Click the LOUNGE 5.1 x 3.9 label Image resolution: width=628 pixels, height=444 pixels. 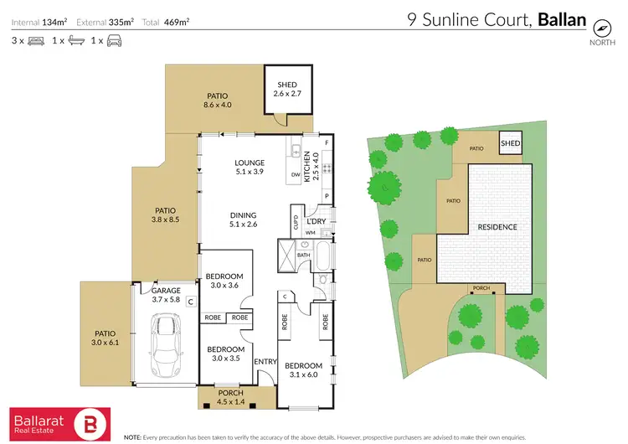249,168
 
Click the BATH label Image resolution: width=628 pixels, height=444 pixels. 303,256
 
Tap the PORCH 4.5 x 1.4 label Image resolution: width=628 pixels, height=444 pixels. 229,397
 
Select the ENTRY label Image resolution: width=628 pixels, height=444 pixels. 265,362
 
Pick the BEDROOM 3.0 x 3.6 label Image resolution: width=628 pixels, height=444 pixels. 225,281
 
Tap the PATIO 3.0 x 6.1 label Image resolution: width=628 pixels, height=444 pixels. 105,338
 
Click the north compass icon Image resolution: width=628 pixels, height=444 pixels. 600,26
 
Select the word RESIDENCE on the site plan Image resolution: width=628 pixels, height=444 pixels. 497,227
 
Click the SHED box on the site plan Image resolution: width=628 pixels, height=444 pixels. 510,144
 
